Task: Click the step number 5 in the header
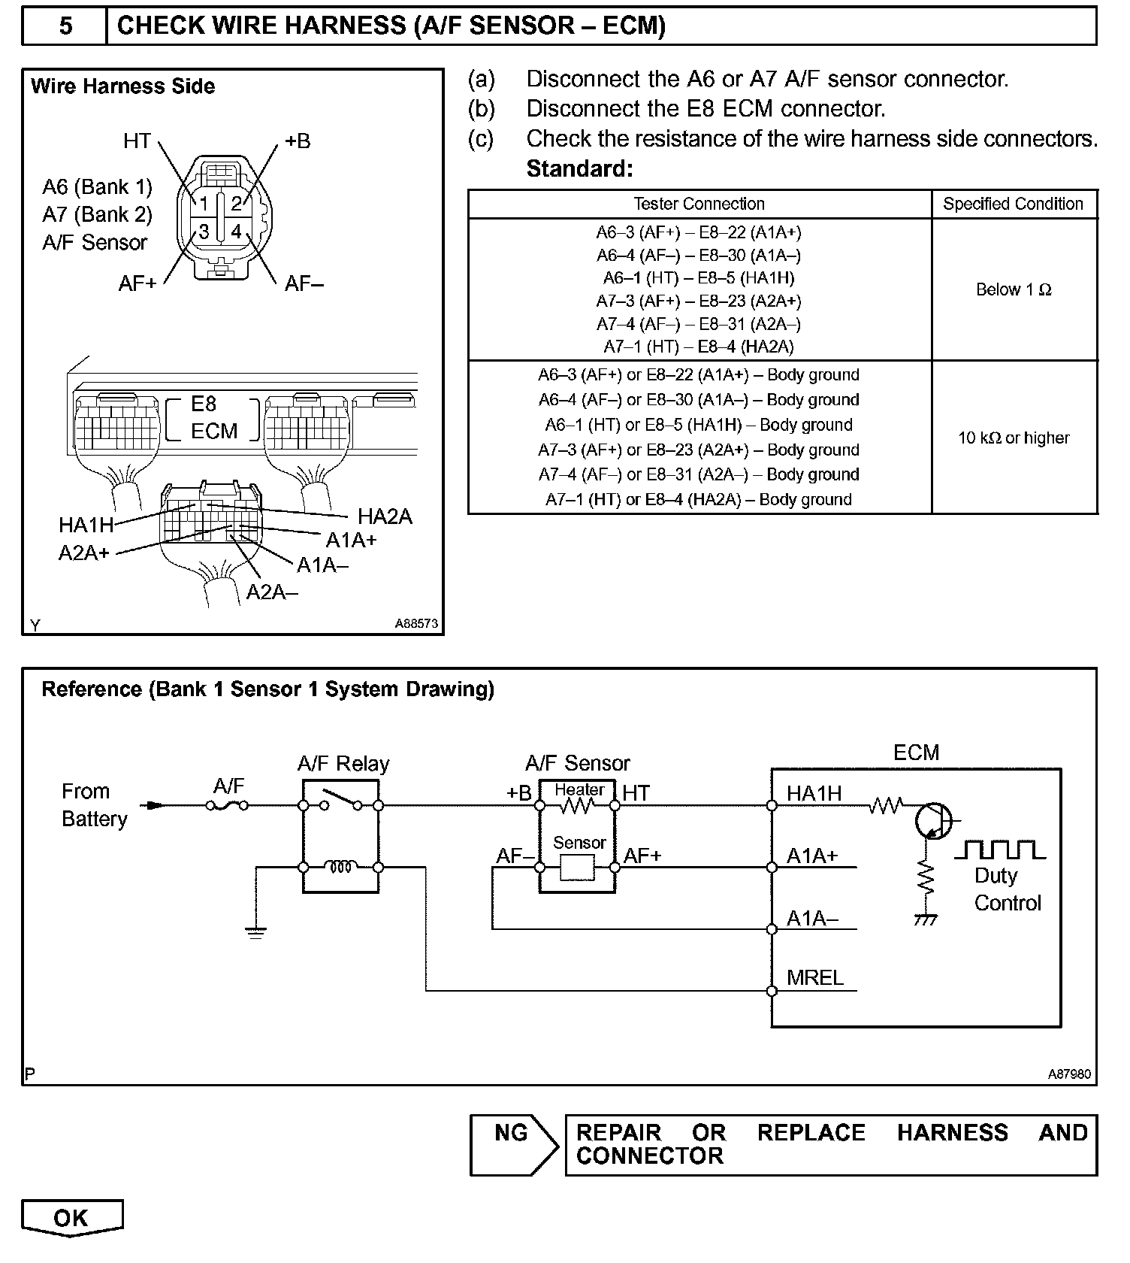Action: tap(65, 26)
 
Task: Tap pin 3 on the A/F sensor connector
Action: tap(204, 232)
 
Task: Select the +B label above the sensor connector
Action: tap(298, 141)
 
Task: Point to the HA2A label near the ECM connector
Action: tap(385, 516)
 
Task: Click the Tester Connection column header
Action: tap(699, 204)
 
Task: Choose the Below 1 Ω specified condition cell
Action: tap(1014, 289)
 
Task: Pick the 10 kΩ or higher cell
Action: tap(1014, 438)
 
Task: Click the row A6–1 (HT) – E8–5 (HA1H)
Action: tap(699, 278)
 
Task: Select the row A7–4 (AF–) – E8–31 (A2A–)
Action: tap(699, 324)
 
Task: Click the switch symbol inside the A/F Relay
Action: tap(340, 800)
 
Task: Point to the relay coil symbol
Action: tap(340, 867)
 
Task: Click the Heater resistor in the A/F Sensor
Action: tap(577, 806)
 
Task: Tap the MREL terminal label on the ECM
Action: tap(814, 978)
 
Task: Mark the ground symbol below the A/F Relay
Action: tap(256, 933)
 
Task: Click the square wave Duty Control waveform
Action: tap(1000, 850)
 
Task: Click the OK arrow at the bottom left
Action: tap(71, 1218)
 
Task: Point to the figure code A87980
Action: tap(1069, 1074)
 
